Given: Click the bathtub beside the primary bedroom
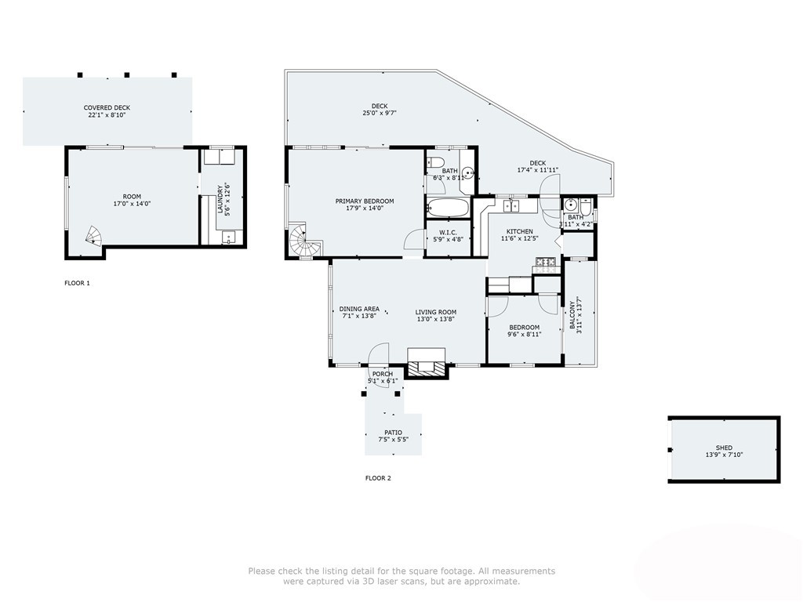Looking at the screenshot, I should (x=448, y=209).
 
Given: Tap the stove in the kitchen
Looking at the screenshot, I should (x=546, y=264).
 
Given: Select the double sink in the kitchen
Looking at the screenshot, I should (x=512, y=206).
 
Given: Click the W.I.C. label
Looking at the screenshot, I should (x=448, y=232).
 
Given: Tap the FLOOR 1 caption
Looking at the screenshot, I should (x=77, y=283).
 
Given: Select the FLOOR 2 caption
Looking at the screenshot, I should (x=378, y=478).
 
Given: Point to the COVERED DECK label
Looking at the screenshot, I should (x=107, y=107).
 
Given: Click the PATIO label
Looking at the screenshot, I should (x=393, y=433).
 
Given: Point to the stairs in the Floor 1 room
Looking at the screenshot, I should (x=93, y=234).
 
